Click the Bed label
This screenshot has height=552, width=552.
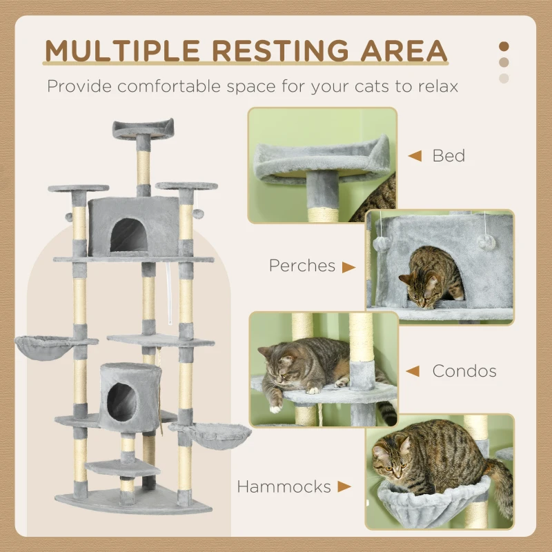(x=448, y=156)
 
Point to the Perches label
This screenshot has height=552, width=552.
(x=302, y=266)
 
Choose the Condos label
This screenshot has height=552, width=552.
(x=464, y=371)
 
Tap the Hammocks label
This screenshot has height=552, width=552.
(x=284, y=486)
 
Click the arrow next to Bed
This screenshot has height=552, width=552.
(x=414, y=156)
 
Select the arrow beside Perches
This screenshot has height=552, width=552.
(x=349, y=266)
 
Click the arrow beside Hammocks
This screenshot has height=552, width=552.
(x=344, y=486)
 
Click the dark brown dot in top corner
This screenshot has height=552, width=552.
(x=504, y=46)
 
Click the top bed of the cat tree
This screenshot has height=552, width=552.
(x=143, y=128)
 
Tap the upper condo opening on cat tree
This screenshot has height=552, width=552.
(x=130, y=235)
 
